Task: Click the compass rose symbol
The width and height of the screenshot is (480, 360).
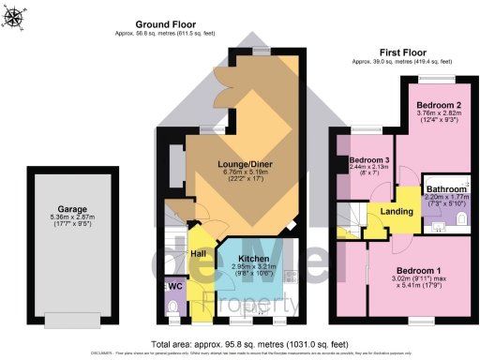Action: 16,15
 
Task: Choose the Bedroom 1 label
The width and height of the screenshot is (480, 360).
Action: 427,269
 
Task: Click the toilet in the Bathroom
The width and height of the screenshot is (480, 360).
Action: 459,219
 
